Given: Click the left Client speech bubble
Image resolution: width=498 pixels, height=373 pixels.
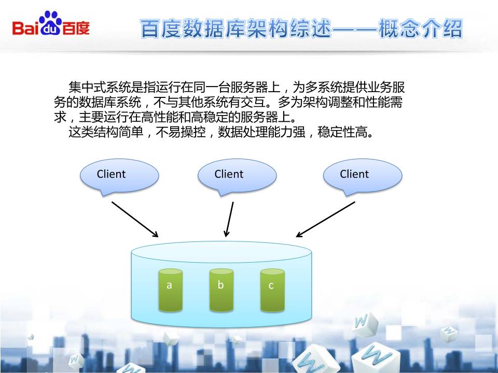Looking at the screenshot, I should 119,175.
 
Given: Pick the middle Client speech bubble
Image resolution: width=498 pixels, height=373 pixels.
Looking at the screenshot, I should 236,175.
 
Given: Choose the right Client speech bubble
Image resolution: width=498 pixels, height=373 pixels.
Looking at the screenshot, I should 362,175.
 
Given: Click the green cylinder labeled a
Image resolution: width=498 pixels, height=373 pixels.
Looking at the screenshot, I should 169,290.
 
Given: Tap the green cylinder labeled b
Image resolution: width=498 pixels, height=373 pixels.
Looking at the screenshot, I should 220,290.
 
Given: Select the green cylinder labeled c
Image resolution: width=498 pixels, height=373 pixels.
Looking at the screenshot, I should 272,290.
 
